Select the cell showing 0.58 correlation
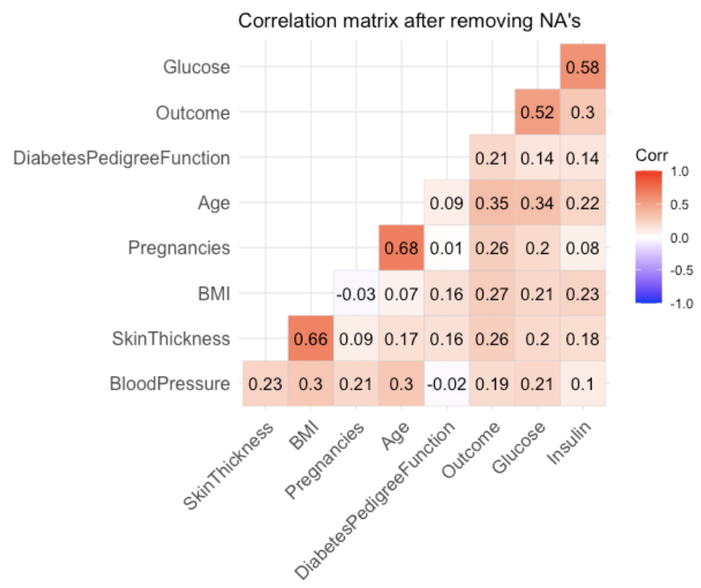point(583,67)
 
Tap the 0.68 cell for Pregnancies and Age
point(399,248)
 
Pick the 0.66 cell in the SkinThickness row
point(310,339)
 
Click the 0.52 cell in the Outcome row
point(537,112)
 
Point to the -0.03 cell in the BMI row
point(355,294)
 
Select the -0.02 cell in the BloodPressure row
point(445,384)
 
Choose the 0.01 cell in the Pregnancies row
point(445,248)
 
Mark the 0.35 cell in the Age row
point(491,203)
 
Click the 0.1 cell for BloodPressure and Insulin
point(583,384)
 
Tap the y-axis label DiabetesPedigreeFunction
point(122,158)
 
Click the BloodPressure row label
point(170,384)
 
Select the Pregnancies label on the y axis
point(179,248)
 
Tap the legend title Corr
point(647,154)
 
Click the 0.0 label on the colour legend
point(679,237)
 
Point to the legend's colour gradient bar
point(647,237)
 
